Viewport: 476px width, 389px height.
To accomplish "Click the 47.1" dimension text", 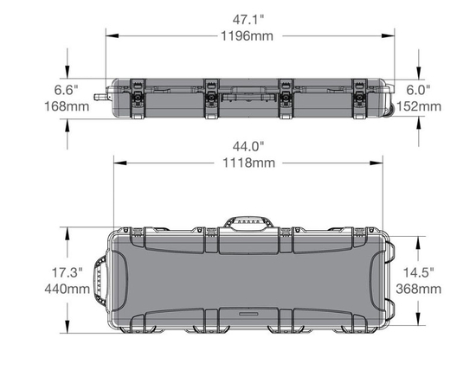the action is pyautogui.click(x=248, y=20).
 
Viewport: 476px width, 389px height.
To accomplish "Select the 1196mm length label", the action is pyautogui.click(x=247, y=36).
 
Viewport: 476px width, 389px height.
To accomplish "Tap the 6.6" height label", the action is pyautogui.click(x=66, y=90).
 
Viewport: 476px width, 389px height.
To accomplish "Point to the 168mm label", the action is pyautogui.click(x=67, y=106).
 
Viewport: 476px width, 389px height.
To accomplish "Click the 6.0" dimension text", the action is pyautogui.click(x=418, y=90).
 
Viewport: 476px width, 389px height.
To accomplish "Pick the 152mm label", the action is pyautogui.click(x=419, y=106).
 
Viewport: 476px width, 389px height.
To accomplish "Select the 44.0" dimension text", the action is pyautogui.click(x=248, y=147).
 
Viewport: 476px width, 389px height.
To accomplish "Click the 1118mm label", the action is pyautogui.click(x=249, y=163).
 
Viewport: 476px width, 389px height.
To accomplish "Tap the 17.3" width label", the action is pyautogui.click(x=68, y=272).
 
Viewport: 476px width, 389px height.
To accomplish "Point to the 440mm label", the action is pyautogui.click(x=68, y=289).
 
